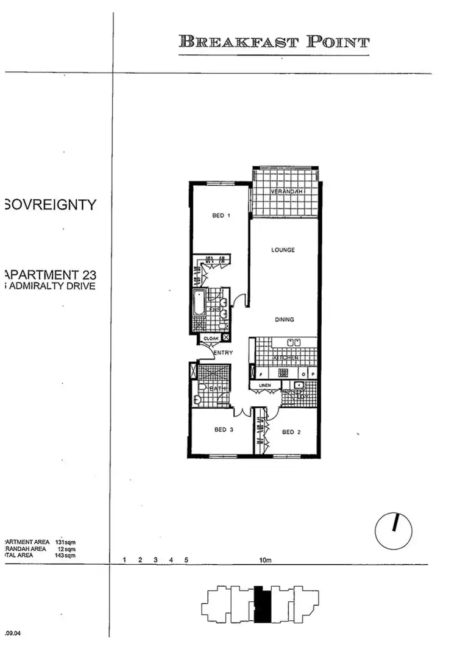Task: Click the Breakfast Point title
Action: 274,42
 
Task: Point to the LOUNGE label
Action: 283,250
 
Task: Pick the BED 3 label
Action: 224,430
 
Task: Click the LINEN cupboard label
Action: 264,386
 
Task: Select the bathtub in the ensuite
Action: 199,303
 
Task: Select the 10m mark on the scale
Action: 264,560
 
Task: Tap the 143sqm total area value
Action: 65,556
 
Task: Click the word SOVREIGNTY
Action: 50,205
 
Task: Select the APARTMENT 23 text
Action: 50,274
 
